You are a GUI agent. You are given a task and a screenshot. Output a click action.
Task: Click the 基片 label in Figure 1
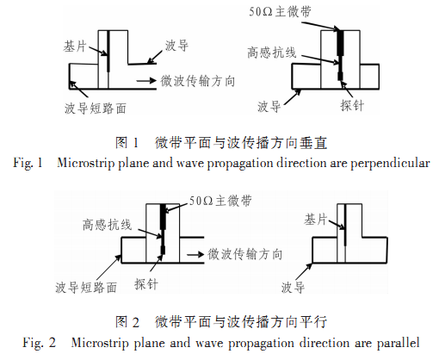pyautogui.click(x=75, y=46)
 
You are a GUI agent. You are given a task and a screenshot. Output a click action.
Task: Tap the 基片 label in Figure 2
pyautogui.click(x=316, y=220)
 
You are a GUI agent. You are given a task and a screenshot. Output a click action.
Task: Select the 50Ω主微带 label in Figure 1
pyautogui.click(x=280, y=12)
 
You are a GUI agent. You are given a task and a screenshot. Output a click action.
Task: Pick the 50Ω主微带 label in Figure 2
pyautogui.click(x=220, y=201)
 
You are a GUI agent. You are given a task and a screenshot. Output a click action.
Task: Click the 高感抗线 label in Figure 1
pyautogui.click(x=271, y=53)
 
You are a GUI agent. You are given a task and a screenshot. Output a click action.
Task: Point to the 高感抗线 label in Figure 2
pyautogui.click(x=108, y=225)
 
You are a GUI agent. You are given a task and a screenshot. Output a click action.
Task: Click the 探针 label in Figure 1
pyautogui.click(x=352, y=105)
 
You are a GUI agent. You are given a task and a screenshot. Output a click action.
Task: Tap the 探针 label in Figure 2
pyautogui.click(x=146, y=284)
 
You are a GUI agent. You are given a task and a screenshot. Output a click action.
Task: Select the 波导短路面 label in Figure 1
pyautogui.click(x=96, y=109)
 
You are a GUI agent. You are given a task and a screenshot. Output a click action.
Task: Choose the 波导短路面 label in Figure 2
pyautogui.click(x=86, y=287)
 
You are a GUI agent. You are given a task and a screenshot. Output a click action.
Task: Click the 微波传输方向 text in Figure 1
pyautogui.click(x=198, y=81)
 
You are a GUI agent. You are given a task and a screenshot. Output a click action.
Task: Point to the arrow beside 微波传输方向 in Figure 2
pyautogui.click(x=195, y=254)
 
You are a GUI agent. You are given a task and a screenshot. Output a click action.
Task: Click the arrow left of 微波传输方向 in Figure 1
pyautogui.click(x=146, y=81)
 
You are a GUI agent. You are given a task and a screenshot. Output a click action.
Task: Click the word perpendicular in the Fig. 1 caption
pyautogui.click(x=390, y=164)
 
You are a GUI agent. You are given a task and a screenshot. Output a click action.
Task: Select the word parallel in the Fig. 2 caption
pyautogui.click(x=398, y=343)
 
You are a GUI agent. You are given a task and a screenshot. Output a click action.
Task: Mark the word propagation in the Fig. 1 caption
pyautogui.click(x=240, y=164)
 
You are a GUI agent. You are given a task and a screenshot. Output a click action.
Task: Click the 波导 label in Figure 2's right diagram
pyautogui.click(x=293, y=287)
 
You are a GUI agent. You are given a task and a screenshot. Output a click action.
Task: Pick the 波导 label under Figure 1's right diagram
pyautogui.click(x=269, y=107)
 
